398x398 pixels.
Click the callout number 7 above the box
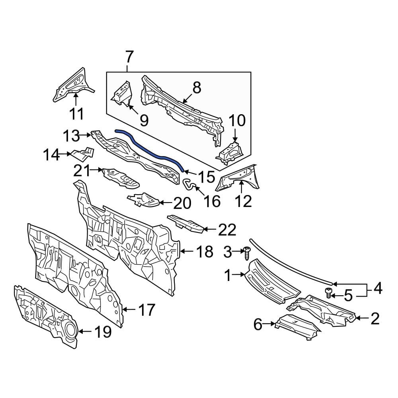point(129,57)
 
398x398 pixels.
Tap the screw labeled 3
point(247,253)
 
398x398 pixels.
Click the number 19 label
point(103,332)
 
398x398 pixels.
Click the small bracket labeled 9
point(122,93)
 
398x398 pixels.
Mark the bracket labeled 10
point(230,152)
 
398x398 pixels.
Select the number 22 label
point(227,230)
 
